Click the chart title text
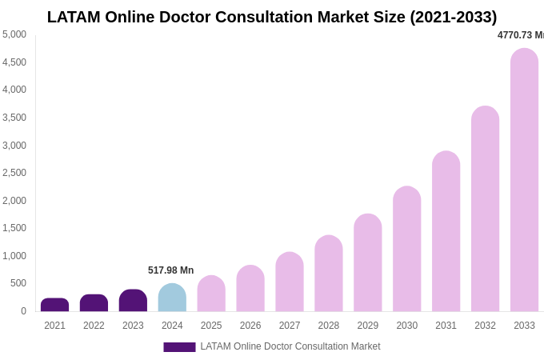(272, 17)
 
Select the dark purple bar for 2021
(54, 305)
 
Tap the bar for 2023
(133, 301)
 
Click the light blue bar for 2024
(172, 298)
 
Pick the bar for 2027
(290, 282)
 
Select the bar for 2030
(406, 249)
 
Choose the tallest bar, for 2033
(524, 180)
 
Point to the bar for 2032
(485, 209)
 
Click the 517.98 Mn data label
(170, 270)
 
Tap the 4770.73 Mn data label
(520, 35)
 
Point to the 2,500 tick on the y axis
(14, 173)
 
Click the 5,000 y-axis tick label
(14, 34)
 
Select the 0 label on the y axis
(23, 311)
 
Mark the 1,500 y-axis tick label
(14, 228)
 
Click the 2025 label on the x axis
(211, 326)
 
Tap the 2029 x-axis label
(367, 326)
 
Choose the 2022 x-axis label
(94, 326)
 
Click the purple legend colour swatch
(179, 347)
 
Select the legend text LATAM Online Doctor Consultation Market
(290, 346)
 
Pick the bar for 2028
(328, 274)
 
